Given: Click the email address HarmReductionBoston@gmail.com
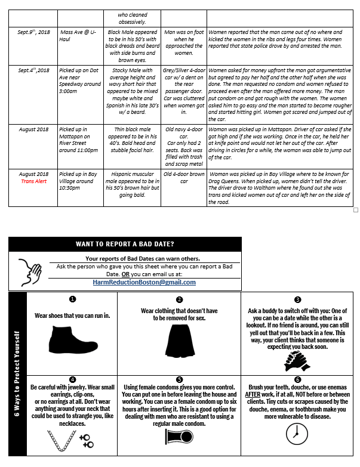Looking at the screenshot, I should click(144, 282).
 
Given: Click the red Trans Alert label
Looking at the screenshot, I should click(33, 181).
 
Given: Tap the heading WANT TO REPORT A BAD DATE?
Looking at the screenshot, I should click(125, 243).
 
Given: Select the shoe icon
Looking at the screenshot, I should click(73, 338).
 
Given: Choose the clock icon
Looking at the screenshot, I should click(297, 437).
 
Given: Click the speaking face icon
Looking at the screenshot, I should click(28, 270).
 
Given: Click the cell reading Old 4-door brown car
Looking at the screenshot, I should click(184, 177).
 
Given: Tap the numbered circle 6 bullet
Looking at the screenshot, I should click(298, 379).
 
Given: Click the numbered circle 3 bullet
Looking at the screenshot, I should click(298, 299).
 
